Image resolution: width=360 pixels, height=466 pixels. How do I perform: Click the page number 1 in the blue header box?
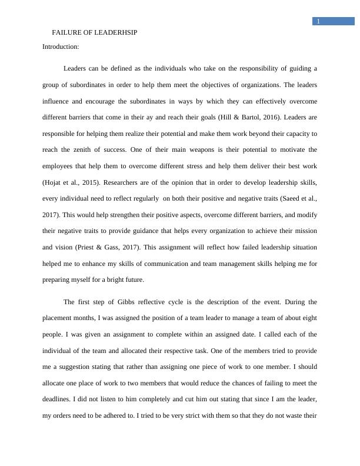coord(318,22)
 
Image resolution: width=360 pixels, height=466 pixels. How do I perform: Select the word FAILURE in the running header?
coord(65,32)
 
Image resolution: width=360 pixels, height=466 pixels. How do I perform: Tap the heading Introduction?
coord(61,46)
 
